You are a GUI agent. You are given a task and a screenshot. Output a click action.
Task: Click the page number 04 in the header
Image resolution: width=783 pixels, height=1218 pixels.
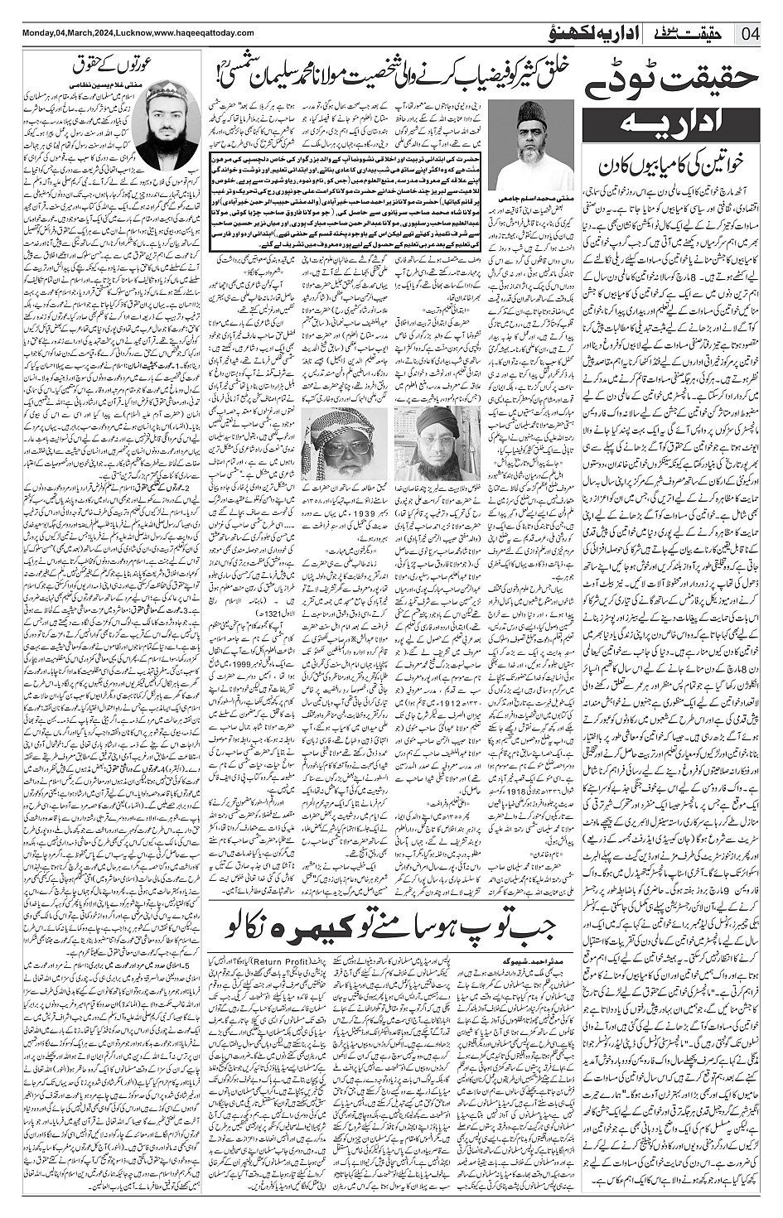point(750,33)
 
